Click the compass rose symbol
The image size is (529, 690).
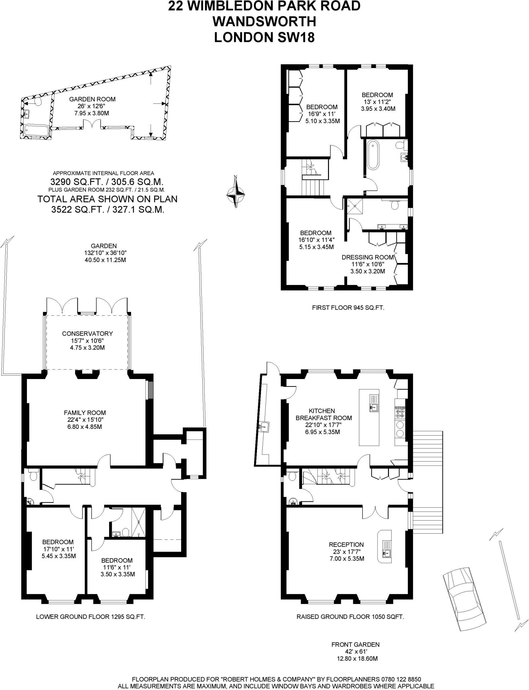click(x=236, y=192)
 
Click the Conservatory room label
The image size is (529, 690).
click(x=87, y=334)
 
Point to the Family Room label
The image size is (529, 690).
click(x=85, y=413)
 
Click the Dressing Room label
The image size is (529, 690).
click(x=368, y=257)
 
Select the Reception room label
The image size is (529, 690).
click(x=346, y=544)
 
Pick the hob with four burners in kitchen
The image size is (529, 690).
click(x=400, y=412)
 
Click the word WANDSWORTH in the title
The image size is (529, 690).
click(x=264, y=22)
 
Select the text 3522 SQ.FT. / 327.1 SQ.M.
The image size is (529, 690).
click(x=107, y=210)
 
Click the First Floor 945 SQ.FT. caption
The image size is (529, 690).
click(x=348, y=308)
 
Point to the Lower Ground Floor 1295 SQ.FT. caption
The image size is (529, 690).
click(x=90, y=617)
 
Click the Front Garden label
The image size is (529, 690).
click(x=355, y=645)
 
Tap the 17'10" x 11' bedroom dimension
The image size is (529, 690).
click(x=58, y=549)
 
